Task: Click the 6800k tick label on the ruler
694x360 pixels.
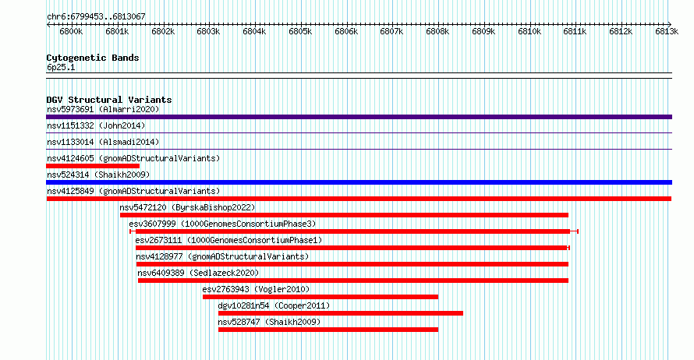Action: [x=71, y=31]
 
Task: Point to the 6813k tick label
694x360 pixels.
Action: [x=667, y=31]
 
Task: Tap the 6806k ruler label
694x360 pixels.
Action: [x=346, y=31]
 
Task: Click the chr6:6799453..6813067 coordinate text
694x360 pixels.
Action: [x=96, y=16]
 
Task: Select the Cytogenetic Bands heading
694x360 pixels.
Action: [x=93, y=58]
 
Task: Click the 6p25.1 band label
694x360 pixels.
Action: [x=61, y=67]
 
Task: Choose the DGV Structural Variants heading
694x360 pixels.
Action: [x=109, y=100]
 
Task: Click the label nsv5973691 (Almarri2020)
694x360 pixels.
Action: [x=103, y=109]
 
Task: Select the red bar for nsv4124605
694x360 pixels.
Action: [x=93, y=166]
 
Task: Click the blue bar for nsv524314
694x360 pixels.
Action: [x=359, y=182]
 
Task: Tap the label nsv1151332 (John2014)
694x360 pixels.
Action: [x=96, y=125]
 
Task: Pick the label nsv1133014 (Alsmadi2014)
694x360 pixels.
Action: [x=103, y=142]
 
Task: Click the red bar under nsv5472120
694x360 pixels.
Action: [x=344, y=215]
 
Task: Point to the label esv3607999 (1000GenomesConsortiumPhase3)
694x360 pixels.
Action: [x=223, y=224]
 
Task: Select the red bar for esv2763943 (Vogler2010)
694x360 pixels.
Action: [x=320, y=297]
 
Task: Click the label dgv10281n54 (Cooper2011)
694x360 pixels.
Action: [x=274, y=305]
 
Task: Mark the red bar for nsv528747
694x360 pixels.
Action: [x=328, y=330]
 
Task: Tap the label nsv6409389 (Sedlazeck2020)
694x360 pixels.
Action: [x=198, y=273]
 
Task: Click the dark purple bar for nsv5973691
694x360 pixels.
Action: [x=359, y=117]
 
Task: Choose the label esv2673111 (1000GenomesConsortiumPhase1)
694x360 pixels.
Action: [x=228, y=240]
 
